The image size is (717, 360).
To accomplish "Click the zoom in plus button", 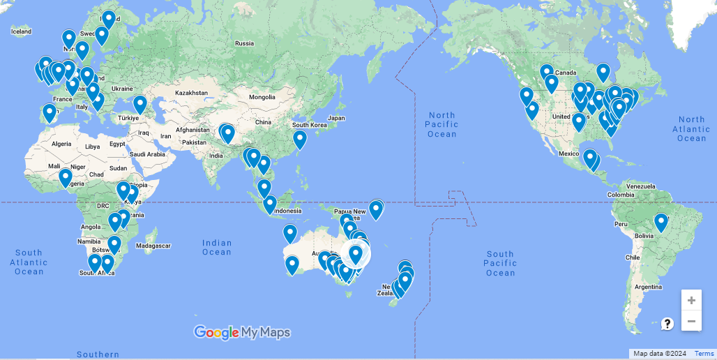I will [691, 300].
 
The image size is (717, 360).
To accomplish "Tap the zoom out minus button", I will [691, 321].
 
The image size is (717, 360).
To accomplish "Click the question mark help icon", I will [667, 324].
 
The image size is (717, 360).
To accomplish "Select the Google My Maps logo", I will [241, 333].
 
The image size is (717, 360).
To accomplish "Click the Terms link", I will [704, 354].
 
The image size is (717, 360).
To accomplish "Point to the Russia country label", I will [244, 43].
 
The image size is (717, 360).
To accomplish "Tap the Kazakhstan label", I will [192, 93].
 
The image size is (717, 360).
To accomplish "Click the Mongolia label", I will [262, 97].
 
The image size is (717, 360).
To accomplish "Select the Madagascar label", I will [153, 246].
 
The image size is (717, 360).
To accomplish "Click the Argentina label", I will [648, 287].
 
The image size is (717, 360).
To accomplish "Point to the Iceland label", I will [21, 31].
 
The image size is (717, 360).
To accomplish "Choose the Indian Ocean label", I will [217, 247].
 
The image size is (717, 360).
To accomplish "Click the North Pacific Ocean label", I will [442, 124].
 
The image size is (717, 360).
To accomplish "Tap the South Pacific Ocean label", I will [500, 263].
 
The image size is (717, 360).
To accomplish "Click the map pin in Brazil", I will [661, 223].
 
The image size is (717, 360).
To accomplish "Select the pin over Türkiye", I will [140, 104].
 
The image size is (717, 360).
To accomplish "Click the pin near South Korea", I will [300, 139].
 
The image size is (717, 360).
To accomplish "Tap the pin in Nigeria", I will [65, 177].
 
